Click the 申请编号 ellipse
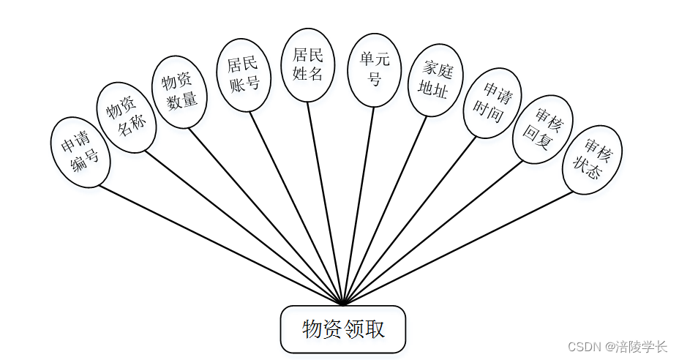pyautogui.click(x=80, y=152)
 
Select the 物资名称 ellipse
pyautogui.click(x=127, y=116)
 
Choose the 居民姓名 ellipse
pyautogui.click(x=307, y=64)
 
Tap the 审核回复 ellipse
pyautogui.click(x=542, y=128)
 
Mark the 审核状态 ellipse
pyautogui.click(x=593, y=160)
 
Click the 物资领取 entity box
pyautogui.click(x=342, y=329)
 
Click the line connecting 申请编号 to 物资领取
pyautogui.click(x=220, y=244)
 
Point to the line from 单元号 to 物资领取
pyautogui.click(x=359, y=205)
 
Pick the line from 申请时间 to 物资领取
pyautogui.click(x=410, y=220)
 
